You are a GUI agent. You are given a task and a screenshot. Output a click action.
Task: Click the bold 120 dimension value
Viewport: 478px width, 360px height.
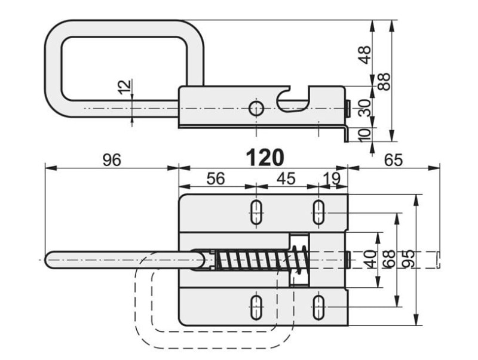click(x=265, y=158)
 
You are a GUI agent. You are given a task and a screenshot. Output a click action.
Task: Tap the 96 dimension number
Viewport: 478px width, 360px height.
click(x=112, y=159)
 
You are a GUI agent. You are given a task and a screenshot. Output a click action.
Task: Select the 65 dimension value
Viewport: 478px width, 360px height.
click(x=393, y=159)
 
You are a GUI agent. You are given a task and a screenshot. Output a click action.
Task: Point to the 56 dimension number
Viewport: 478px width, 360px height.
click(x=216, y=179)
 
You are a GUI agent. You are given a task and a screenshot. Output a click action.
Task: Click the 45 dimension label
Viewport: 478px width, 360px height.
click(x=286, y=179)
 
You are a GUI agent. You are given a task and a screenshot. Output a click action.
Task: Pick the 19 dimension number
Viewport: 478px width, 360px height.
click(x=332, y=179)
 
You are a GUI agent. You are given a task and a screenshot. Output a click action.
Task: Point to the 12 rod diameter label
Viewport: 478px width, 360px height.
click(x=125, y=87)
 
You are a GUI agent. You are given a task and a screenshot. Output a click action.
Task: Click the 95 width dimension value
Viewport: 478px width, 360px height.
click(x=409, y=259)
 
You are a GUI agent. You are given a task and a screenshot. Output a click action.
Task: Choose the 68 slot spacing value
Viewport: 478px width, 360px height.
click(x=389, y=259)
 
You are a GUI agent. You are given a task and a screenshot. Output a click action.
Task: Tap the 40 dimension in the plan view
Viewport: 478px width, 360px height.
click(x=370, y=259)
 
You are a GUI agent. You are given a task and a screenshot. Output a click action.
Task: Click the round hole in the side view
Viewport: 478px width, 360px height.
click(x=256, y=109)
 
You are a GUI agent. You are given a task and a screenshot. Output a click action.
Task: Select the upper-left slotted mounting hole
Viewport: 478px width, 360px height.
click(x=256, y=213)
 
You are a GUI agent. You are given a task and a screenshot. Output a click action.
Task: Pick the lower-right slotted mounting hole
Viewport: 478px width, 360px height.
click(x=318, y=307)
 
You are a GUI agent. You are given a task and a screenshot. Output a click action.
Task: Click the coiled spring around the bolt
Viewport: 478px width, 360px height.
click(x=262, y=259)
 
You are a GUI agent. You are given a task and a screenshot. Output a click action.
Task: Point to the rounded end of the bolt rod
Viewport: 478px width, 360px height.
click(x=49, y=260)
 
